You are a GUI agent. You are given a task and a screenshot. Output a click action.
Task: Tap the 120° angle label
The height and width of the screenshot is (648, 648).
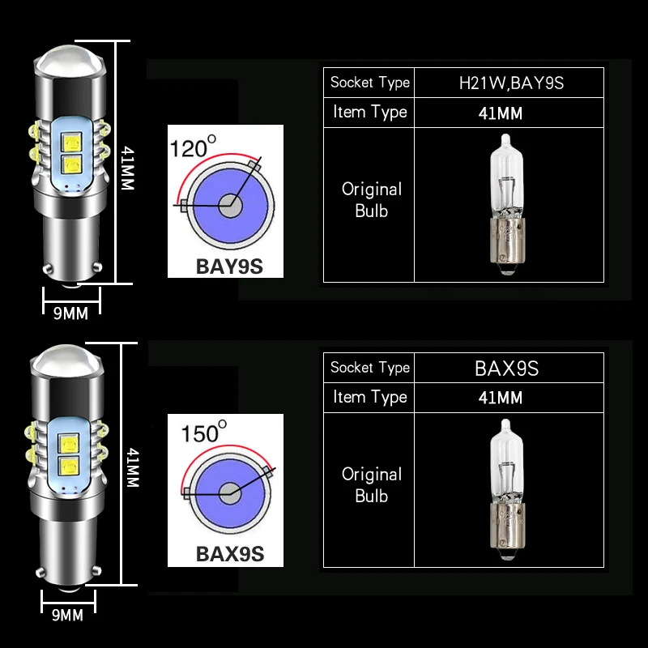click(193, 147)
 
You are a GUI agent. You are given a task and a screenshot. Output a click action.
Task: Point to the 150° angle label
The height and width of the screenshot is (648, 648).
click(204, 432)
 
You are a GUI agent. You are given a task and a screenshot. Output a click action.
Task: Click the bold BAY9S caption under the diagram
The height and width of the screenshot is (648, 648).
click(229, 266)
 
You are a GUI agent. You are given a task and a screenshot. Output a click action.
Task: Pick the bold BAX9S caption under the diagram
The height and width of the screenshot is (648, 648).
click(230, 554)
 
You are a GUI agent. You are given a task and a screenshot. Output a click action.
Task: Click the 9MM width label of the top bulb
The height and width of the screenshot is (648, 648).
click(70, 313)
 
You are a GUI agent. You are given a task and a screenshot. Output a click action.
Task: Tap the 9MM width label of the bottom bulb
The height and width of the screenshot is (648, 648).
click(67, 615)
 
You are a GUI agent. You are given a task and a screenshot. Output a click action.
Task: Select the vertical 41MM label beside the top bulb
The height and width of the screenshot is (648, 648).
click(128, 168)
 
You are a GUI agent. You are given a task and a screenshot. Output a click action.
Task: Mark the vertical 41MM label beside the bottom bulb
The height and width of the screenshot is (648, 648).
click(133, 467)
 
